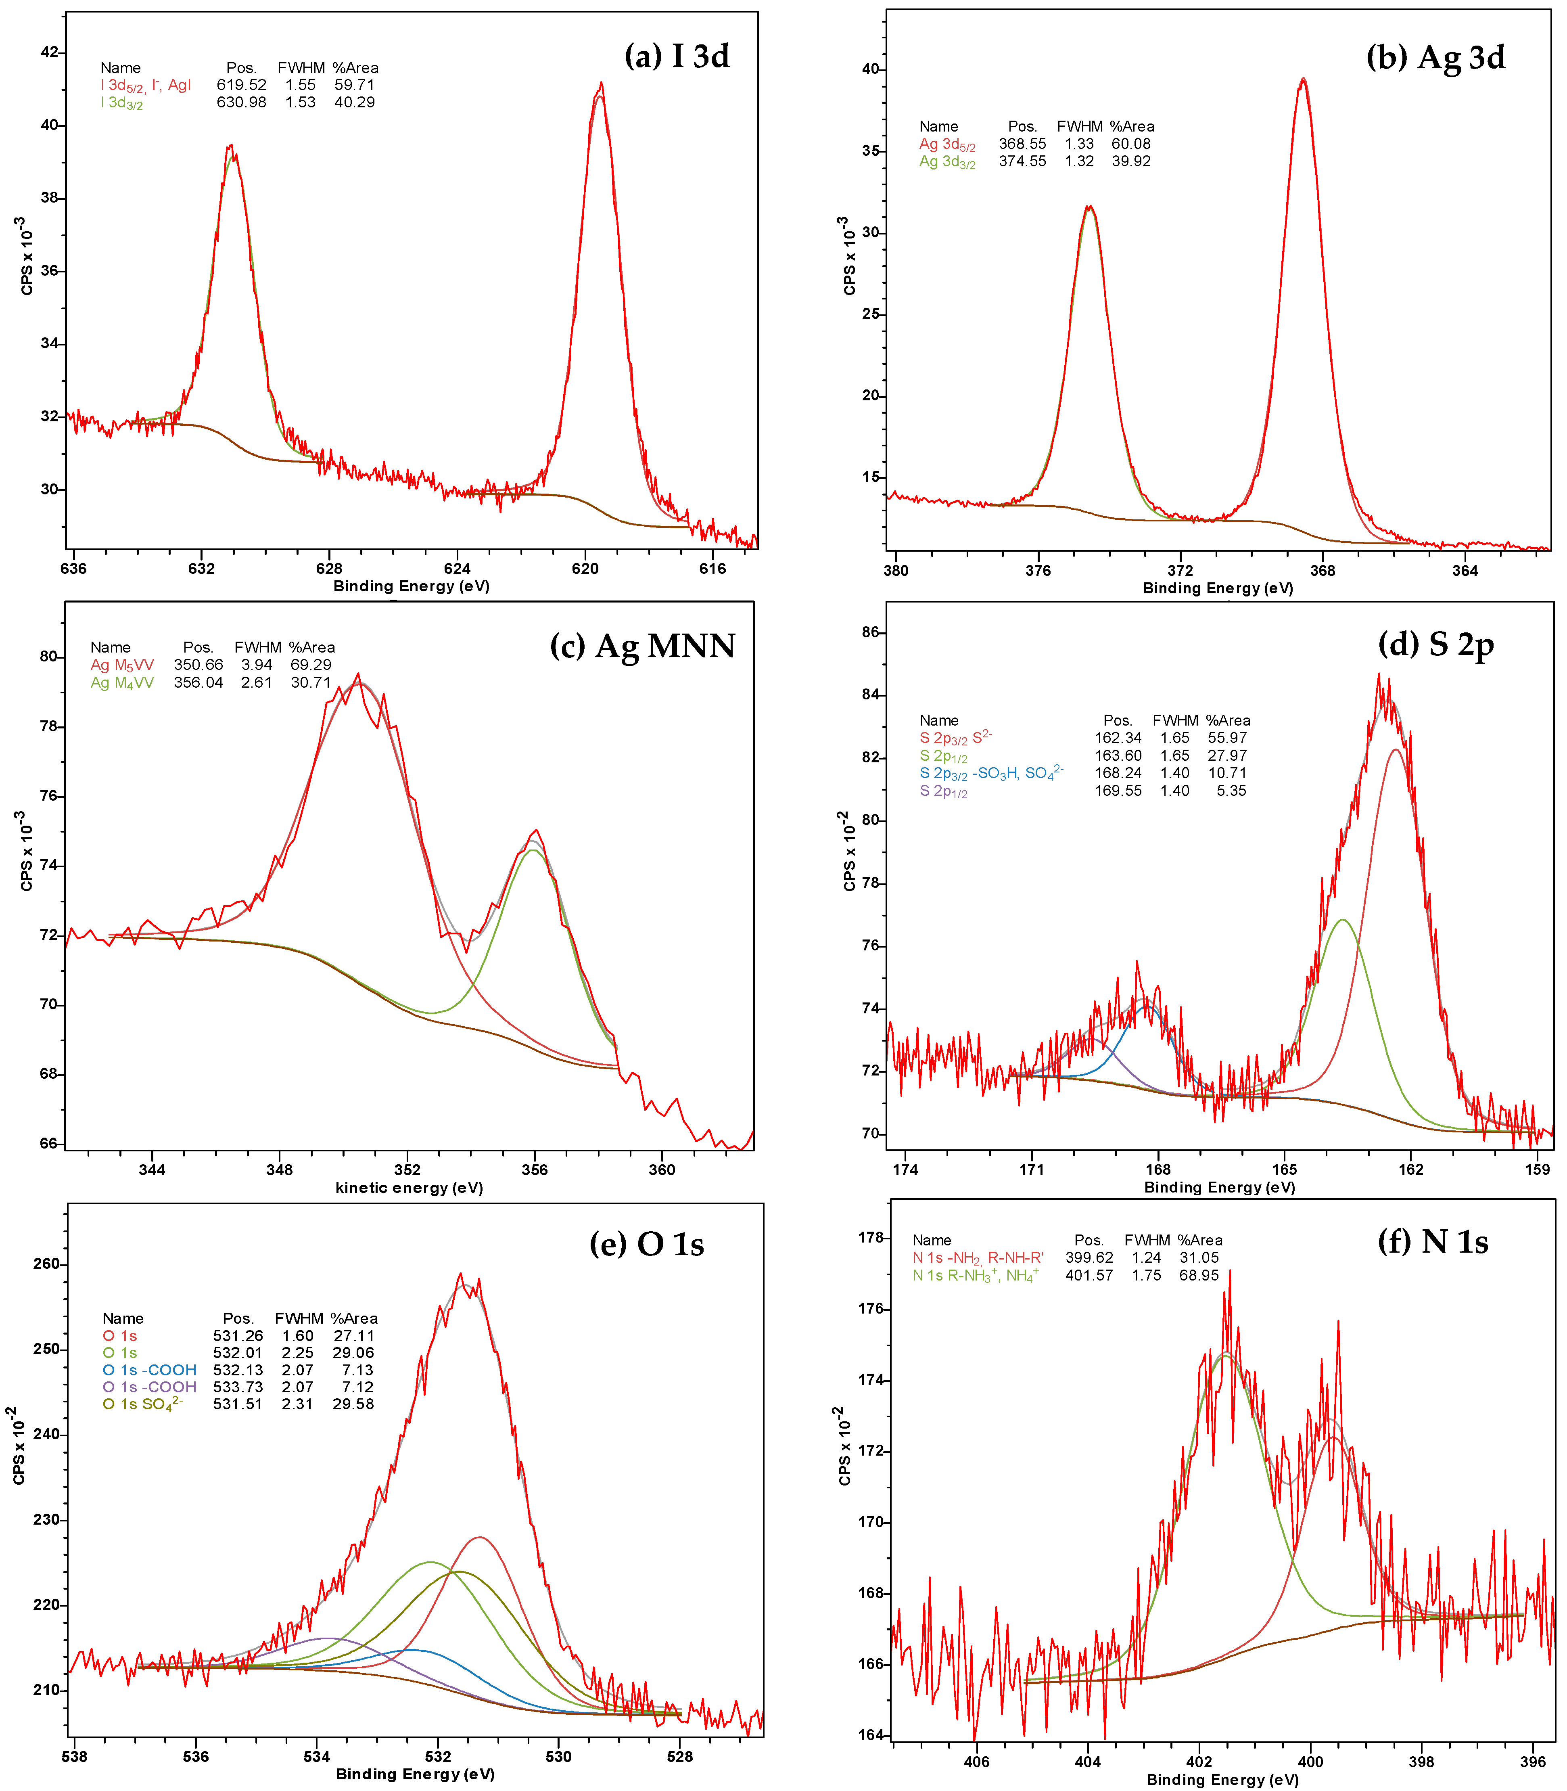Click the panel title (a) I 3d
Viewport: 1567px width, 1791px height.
pos(676,56)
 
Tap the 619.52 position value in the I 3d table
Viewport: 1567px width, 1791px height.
pos(241,85)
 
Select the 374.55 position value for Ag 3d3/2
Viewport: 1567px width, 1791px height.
pos(1022,161)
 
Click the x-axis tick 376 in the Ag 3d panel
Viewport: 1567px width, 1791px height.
pos(1038,570)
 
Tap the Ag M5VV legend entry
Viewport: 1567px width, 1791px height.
pos(122,665)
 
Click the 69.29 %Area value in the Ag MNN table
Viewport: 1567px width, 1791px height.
pos(311,665)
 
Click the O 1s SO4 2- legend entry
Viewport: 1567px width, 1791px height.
pos(142,1404)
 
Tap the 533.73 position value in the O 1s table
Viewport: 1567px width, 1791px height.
pos(238,1387)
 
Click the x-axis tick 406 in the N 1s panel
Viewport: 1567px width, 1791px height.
pos(976,1761)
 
